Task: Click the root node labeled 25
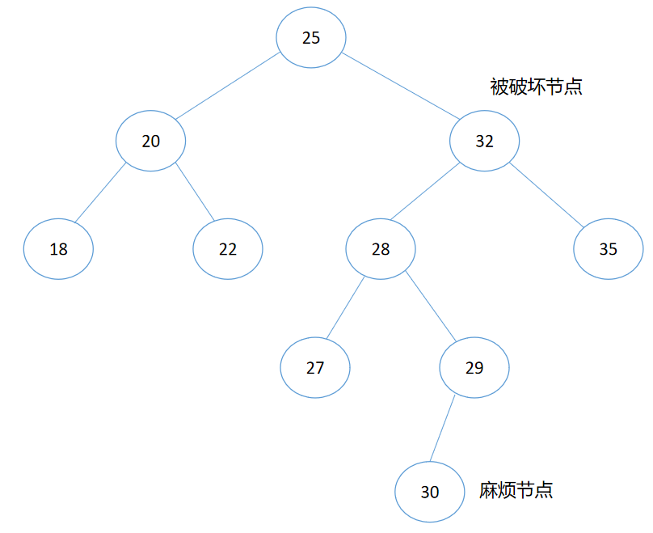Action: click(x=311, y=38)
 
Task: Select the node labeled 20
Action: click(x=151, y=141)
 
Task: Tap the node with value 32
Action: click(x=484, y=141)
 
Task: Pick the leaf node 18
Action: click(x=58, y=249)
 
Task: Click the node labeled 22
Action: click(x=228, y=249)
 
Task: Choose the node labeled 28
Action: click(x=381, y=249)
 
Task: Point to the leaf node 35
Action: click(x=609, y=249)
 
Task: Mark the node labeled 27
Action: click(x=315, y=368)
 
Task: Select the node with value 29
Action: click(x=474, y=368)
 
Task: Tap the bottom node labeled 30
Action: click(x=430, y=492)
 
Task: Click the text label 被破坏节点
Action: click(x=537, y=87)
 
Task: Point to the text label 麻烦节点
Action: click(x=516, y=490)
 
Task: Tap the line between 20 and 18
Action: click(x=100, y=192)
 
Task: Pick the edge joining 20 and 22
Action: click(x=195, y=192)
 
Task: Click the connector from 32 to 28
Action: click(x=425, y=191)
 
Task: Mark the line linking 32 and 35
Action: click(x=546, y=194)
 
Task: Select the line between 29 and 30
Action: click(x=443, y=429)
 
